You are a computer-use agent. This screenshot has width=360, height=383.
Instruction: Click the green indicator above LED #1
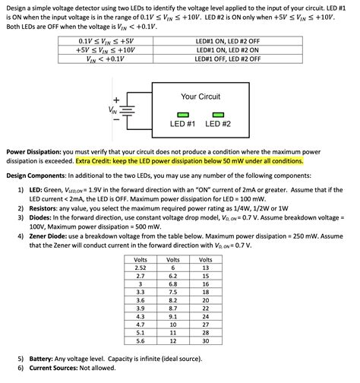182,114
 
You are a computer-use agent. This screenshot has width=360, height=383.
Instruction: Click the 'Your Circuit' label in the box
200,97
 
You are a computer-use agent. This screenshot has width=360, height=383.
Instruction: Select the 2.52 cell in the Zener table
140,267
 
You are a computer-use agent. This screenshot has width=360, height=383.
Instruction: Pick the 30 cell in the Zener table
205,340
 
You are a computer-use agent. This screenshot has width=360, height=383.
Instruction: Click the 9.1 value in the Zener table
172,315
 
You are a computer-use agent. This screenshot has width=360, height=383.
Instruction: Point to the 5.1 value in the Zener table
140,332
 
